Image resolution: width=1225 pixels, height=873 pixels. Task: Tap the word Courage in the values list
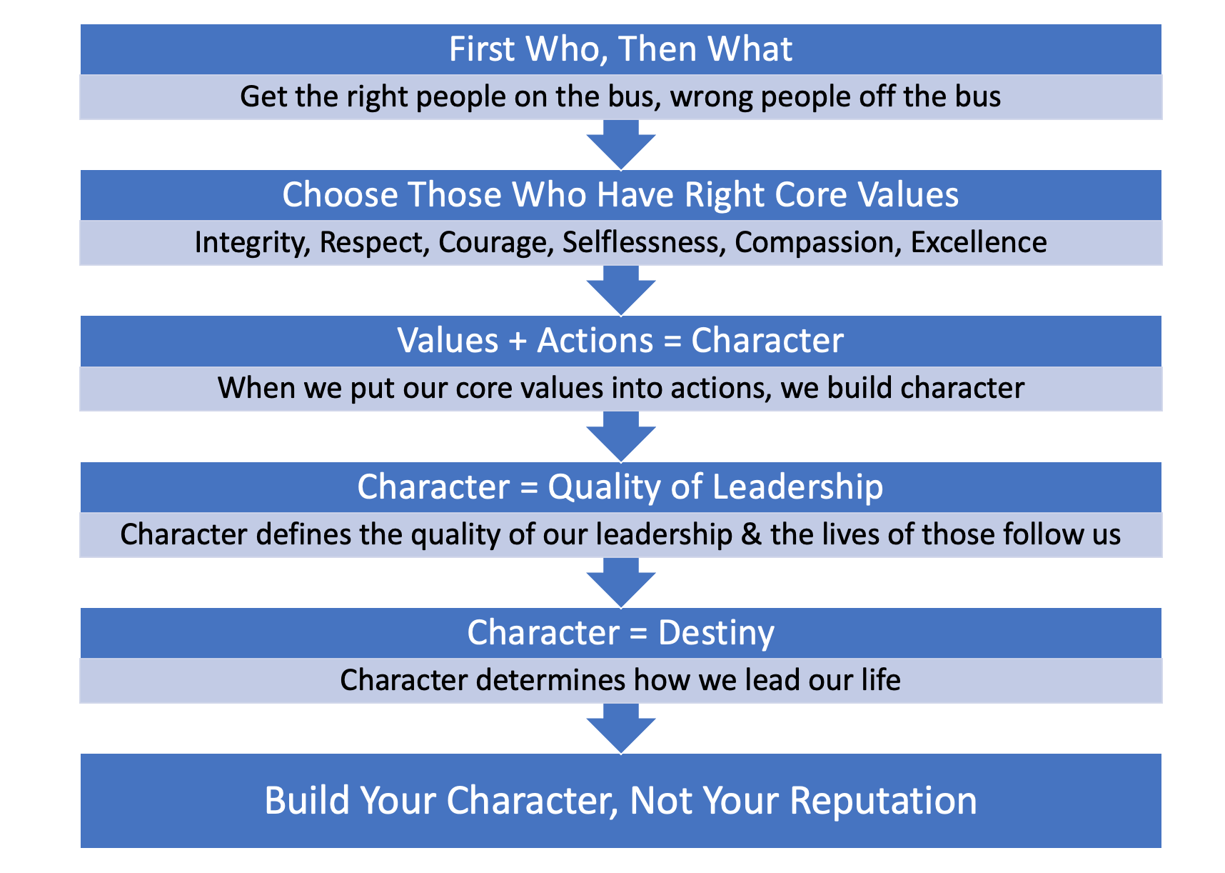(x=496, y=243)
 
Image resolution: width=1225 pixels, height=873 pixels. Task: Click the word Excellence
(x=979, y=243)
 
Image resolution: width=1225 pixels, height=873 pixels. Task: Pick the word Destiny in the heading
(x=716, y=633)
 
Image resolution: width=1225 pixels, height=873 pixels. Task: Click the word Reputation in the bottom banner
(x=883, y=801)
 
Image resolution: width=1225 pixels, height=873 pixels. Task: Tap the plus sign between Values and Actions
(x=518, y=341)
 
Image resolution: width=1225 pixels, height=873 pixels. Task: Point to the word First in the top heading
(x=482, y=49)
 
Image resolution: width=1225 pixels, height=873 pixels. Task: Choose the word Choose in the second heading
(x=340, y=195)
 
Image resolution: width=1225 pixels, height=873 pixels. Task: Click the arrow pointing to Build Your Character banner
(x=621, y=727)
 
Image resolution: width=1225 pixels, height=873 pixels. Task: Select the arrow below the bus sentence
(x=621, y=144)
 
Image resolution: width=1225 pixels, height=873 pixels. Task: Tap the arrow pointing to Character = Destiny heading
(x=621, y=582)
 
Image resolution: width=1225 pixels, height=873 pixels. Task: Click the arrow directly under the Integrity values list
(x=621, y=289)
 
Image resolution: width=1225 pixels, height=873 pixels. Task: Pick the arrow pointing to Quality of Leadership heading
(x=621, y=435)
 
